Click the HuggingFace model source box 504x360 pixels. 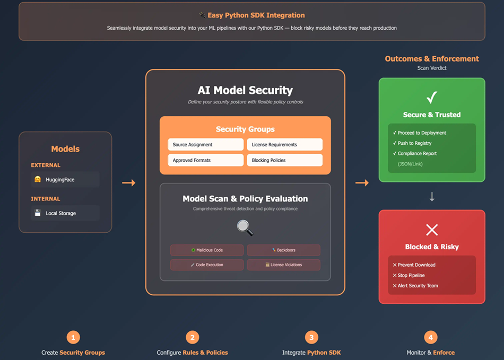pyautogui.click(x=65, y=179)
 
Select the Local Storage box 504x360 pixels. pyautogui.click(x=65, y=213)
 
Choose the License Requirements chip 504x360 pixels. pyautogui.click(x=284, y=144)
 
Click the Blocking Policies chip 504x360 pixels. pyautogui.click(x=284, y=160)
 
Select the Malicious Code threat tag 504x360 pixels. pyautogui.click(x=207, y=250)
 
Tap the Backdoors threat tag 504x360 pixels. pyautogui.click(x=284, y=250)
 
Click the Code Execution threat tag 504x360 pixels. pyautogui.click(x=207, y=265)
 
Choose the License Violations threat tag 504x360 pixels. pyautogui.click(x=284, y=265)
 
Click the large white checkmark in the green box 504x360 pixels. pyautogui.click(x=432, y=98)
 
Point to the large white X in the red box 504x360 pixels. pyautogui.click(x=432, y=230)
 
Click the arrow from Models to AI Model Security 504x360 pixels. pyautogui.click(x=128, y=183)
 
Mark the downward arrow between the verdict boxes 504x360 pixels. pyautogui.click(x=432, y=197)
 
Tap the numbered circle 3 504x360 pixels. pyautogui.click(x=311, y=337)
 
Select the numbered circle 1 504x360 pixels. pyautogui.click(x=73, y=337)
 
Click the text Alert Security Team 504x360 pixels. pyautogui.click(x=418, y=286)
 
